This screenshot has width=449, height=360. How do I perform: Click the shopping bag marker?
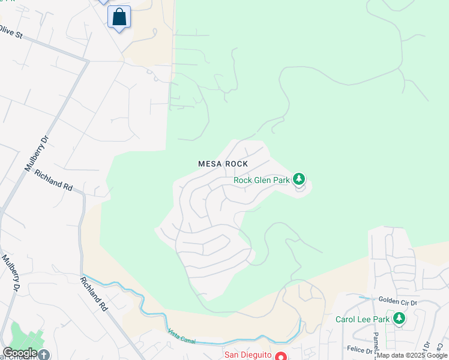pos(119,17)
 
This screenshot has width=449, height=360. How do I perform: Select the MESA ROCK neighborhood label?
pos(223,164)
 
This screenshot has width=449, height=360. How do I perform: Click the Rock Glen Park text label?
pos(261,180)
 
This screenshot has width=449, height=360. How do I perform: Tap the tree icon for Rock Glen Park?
pos(299,179)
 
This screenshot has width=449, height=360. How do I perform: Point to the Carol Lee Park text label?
pos(363,319)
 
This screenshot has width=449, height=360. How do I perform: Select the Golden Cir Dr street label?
pos(397,299)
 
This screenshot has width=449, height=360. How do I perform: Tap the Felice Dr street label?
pos(360,349)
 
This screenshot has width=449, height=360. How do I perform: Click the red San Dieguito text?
pos(247,355)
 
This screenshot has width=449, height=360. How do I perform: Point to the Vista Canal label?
pos(181,337)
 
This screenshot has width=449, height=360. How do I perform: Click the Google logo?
pos(20,353)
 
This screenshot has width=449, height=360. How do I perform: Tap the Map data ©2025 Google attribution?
pos(412,356)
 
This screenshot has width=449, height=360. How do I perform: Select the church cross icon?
pos(43,355)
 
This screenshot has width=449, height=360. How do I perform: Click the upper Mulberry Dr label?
pos(35,154)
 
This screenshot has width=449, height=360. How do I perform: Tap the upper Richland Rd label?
pos(53,179)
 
